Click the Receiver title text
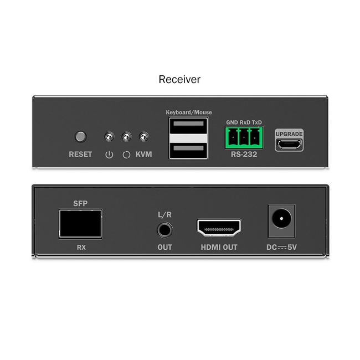(179, 79)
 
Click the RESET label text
(80, 155)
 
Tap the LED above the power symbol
(109, 137)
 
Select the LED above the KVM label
(144, 137)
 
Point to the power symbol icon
(109, 155)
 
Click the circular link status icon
(126, 155)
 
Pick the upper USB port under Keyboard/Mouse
(188, 126)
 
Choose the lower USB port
(188, 151)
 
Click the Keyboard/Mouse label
(189, 112)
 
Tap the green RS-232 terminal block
(244, 138)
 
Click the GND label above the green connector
(232, 122)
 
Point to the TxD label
(256, 122)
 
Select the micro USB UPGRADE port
(289, 145)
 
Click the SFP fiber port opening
(80, 224)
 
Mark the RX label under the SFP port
(81, 248)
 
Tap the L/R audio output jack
(165, 230)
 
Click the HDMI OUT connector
(219, 228)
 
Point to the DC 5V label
(281, 247)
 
